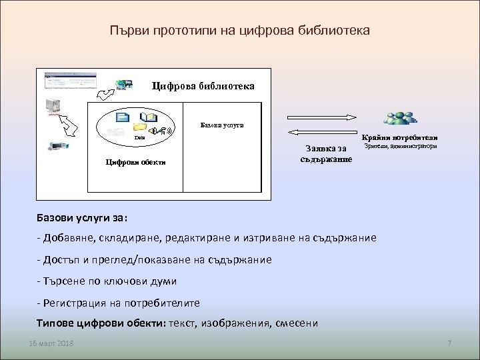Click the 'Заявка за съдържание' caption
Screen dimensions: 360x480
(327, 154)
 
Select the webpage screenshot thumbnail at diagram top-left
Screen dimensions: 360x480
(69, 81)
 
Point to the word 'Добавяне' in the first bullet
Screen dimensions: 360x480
(70, 238)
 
